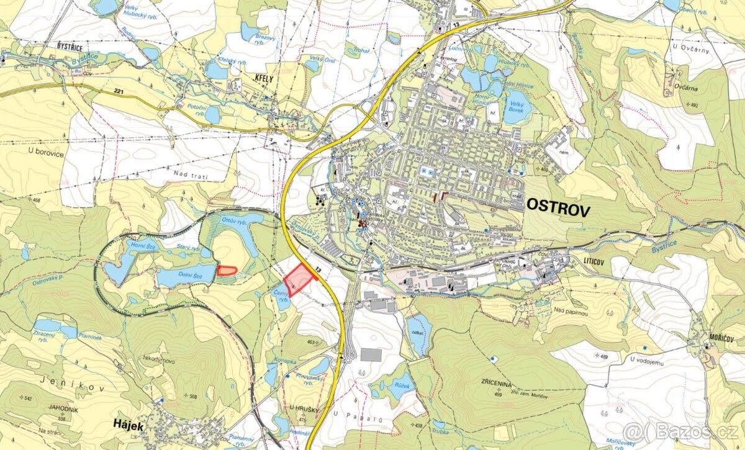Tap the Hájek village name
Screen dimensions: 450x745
pyautogui.click(x=129, y=425)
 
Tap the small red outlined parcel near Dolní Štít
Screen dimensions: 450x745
pyautogui.click(x=227, y=270)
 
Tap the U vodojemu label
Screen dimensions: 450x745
pyautogui.click(x=649, y=358)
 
